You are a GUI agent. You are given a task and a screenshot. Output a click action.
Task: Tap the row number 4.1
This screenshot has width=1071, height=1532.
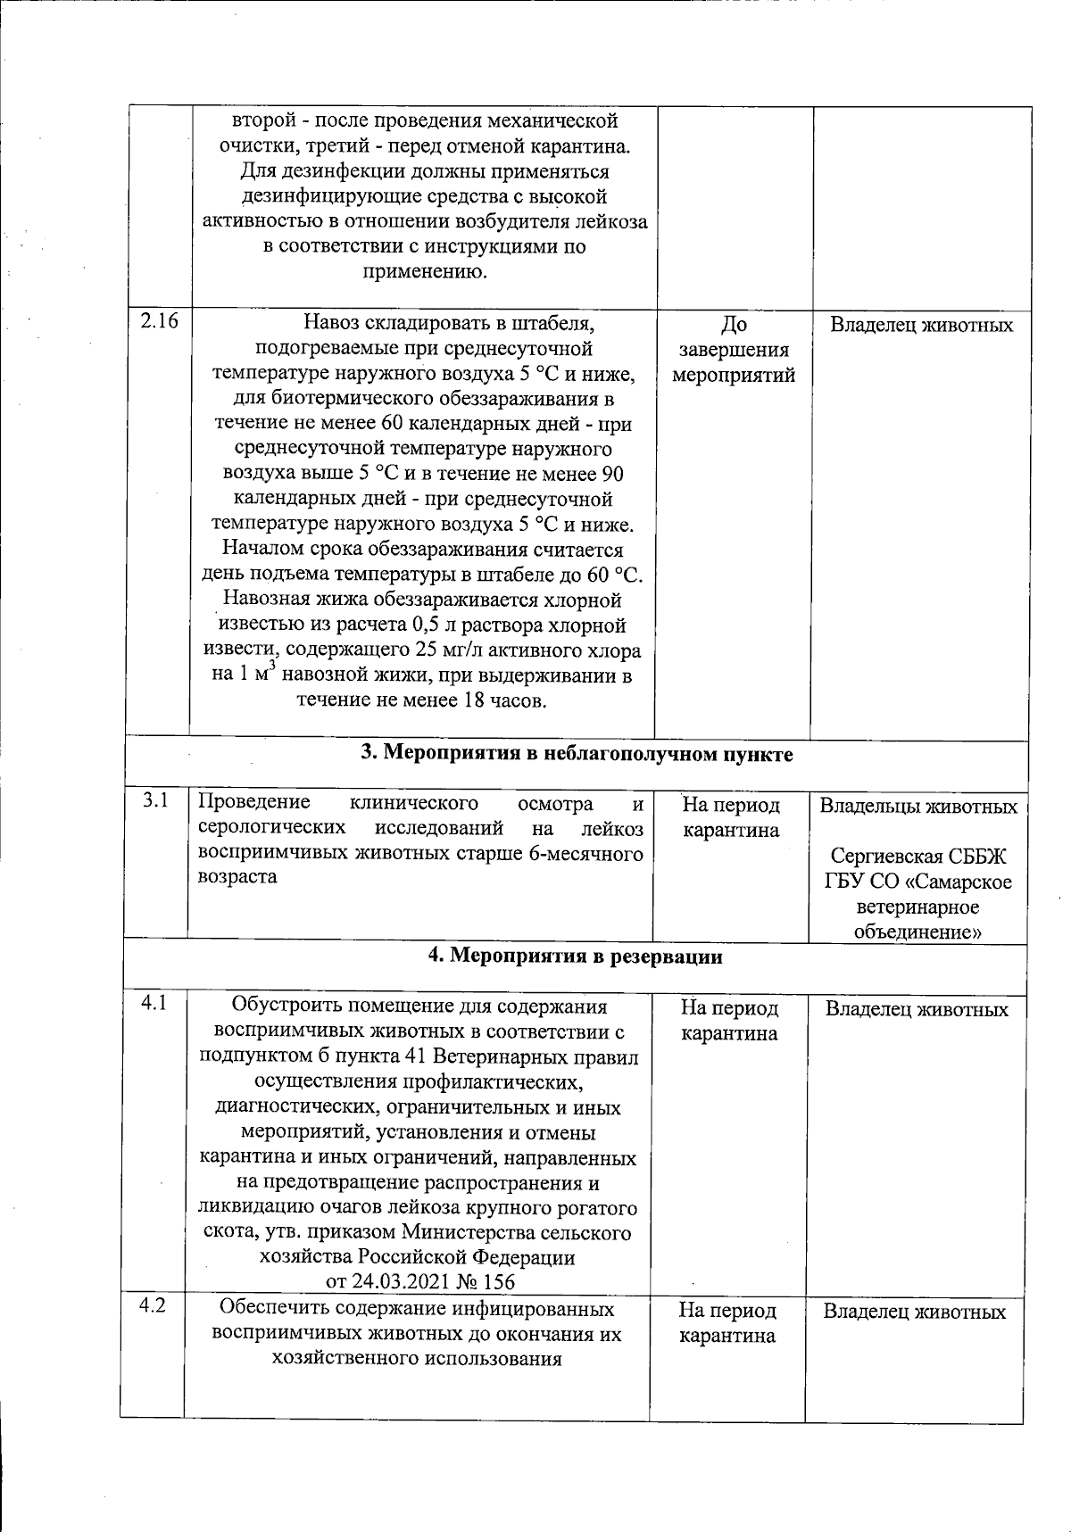(x=154, y=1003)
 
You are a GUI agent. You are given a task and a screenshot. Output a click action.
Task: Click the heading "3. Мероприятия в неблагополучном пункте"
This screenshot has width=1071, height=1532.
(x=577, y=754)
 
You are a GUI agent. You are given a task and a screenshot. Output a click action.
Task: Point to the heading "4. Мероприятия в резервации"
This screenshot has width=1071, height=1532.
(x=575, y=957)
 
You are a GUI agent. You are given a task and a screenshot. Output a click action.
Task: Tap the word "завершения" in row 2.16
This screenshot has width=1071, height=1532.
(x=734, y=350)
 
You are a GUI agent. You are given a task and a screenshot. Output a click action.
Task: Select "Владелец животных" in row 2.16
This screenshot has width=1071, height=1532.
(x=922, y=325)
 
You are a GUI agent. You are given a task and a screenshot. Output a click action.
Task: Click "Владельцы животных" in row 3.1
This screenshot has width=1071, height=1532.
(x=918, y=807)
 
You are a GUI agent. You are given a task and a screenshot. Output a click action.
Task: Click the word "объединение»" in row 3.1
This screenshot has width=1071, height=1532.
(x=917, y=932)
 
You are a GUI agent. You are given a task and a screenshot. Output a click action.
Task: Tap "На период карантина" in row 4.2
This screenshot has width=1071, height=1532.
(x=727, y=1322)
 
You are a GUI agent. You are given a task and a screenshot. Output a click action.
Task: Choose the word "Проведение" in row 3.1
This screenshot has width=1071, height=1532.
(x=253, y=803)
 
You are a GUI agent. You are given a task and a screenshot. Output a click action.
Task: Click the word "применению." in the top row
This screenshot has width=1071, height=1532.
(x=425, y=271)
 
